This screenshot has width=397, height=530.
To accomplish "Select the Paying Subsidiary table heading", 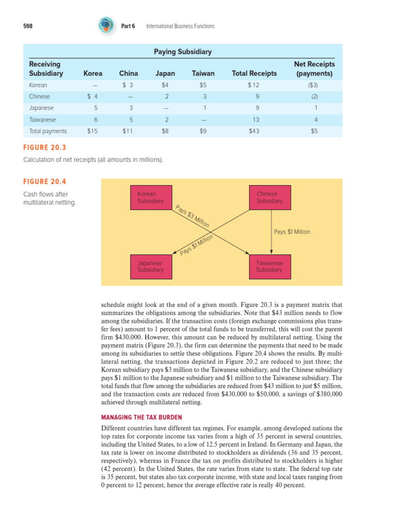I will point(182,52).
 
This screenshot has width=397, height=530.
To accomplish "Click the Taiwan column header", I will point(203,73).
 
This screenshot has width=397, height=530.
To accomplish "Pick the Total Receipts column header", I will point(254,73).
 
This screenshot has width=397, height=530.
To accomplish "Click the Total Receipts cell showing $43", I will point(254,131).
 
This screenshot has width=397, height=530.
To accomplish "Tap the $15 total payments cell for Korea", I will point(93,131).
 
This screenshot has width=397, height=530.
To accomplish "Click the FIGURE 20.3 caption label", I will point(45,148).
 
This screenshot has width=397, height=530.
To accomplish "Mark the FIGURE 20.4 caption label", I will point(45,182).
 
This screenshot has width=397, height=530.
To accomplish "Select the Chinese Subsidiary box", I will point(270,198).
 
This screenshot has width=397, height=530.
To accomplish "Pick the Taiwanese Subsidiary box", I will point(270,267).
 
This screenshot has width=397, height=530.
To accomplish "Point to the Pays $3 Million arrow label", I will point(192,216).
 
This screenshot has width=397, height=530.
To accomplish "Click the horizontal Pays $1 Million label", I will point(292,232).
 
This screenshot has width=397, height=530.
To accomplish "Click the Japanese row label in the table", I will point(41,108).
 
